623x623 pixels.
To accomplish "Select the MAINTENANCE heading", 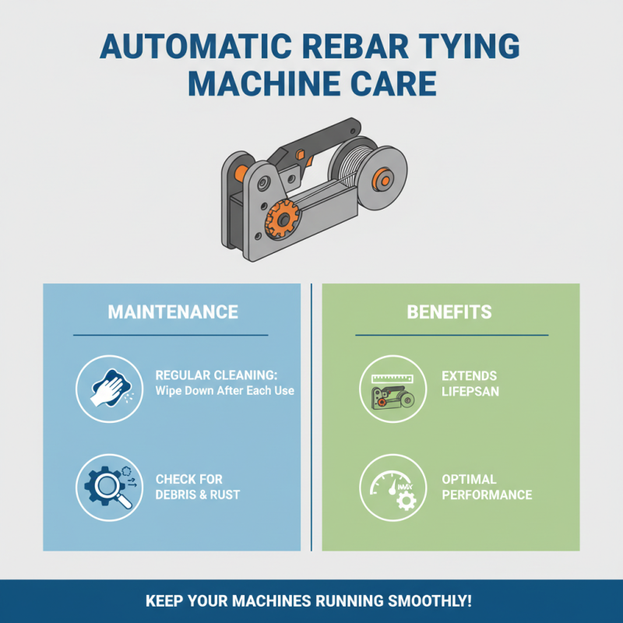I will point(172,312).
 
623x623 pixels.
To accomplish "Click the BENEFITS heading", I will point(449,312).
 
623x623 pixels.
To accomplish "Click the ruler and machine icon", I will point(392,389).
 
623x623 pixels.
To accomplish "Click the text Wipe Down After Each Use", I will point(225,390).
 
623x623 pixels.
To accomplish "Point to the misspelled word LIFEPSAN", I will point(471,391).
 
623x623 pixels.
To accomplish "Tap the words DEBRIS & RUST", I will point(198,495).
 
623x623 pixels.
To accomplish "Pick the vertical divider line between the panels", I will point(311,417).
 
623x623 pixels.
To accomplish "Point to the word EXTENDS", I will point(469,376).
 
